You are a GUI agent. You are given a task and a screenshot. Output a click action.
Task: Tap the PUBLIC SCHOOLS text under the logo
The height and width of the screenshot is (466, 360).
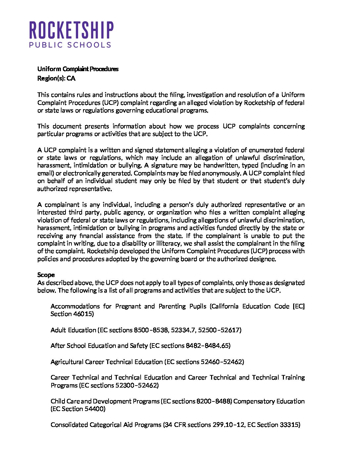[70, 45]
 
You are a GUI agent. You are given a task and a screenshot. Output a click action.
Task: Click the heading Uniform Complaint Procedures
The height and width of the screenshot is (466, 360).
[78, 69]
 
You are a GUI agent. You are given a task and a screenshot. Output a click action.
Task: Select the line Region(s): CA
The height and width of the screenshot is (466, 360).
[56, 78]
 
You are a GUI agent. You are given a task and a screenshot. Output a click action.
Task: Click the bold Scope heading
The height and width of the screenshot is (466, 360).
[46, 275]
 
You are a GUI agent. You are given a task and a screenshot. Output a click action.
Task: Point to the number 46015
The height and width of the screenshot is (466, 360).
[83, 314]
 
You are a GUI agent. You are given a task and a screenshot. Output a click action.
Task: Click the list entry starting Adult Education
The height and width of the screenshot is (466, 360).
[146, 330]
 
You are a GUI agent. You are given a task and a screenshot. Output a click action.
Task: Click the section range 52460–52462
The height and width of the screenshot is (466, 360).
[221, 362]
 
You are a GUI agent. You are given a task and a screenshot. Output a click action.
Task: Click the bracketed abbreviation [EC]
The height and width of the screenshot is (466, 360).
[298, 306]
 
